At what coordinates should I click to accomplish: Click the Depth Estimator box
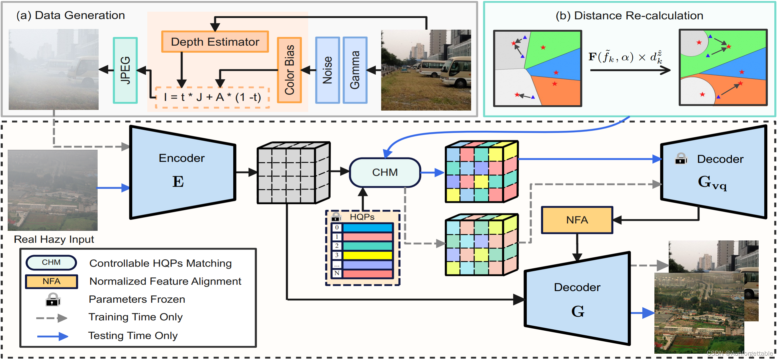[x=215, y=42]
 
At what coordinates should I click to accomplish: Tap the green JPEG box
[x=125, y=70]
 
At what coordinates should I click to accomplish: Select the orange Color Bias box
[x=289, y=70]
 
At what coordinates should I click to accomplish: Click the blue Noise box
[x=328, y=70]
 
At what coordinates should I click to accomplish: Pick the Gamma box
[x=355, y=70]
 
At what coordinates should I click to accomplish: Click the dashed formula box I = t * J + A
[x=213, y=97]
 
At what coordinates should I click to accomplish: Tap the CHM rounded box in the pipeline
[x=385, y=173]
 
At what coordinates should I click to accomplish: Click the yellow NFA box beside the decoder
[x=577, y=220]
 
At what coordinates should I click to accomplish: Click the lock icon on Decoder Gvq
[x=681, y=159]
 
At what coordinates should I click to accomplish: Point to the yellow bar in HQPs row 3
[x=368, y=255]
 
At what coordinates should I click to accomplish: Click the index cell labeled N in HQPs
[x=337, y=273]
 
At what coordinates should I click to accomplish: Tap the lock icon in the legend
[x=53, y=299]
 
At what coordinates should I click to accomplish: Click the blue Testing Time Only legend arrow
[x=52, y=336]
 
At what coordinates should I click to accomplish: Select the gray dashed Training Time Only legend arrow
[x=52, y=318]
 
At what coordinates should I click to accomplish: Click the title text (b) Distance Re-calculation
[x=629, y=16]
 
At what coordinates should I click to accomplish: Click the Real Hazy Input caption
[x=54, y=239]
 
